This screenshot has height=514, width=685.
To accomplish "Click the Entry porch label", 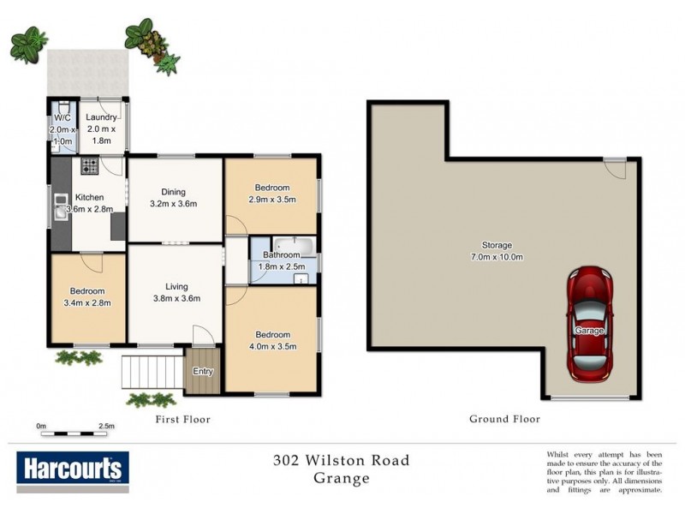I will click(203, 372).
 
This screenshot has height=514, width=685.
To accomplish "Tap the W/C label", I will click(63, 118).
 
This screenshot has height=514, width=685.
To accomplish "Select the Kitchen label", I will click(89, 197).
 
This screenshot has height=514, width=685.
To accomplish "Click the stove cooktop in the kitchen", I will click(88, 167).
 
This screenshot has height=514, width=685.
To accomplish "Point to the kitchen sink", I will click(61, 206).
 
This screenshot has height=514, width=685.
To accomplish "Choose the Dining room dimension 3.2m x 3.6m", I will click(174, 204).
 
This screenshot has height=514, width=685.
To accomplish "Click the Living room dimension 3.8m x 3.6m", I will click(176, 298).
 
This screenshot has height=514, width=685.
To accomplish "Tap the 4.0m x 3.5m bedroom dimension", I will click(272, 346).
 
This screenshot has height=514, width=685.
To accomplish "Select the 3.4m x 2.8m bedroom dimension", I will click(88, 302).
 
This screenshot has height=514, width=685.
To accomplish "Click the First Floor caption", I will click(182, 420).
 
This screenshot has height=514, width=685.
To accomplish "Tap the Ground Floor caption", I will click(504, 420).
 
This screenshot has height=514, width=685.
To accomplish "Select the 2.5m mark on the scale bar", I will click(106, 425).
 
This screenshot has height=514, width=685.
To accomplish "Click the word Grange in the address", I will click(342, 479).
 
